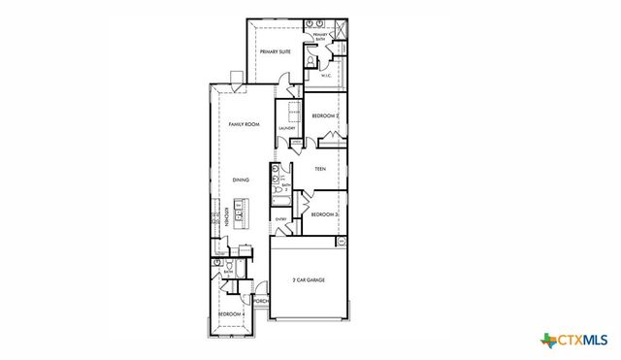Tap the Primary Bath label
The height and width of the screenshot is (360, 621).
319,37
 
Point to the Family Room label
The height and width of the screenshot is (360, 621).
244,125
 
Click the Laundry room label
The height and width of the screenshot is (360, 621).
286,128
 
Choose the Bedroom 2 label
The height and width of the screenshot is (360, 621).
324,115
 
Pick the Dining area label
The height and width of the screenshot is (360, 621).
241,180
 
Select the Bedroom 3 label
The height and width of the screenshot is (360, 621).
324,213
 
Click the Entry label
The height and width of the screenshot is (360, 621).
281,219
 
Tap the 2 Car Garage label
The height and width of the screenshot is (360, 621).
309,279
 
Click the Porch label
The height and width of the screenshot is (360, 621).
260,302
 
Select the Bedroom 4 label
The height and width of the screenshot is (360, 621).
229,314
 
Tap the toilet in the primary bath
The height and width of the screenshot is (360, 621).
309,60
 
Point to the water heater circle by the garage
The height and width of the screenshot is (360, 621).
341,241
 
